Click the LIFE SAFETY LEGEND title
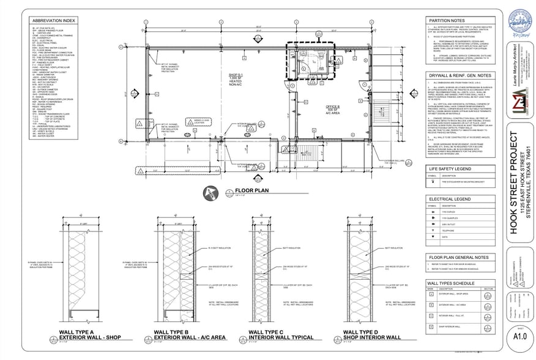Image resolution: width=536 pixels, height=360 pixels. (x=450, y=168)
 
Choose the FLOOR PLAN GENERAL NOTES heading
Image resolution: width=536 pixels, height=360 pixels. (x=458, y=258)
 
